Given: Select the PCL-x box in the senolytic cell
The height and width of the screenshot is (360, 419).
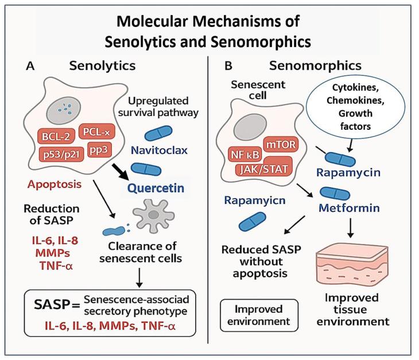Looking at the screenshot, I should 95,131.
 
